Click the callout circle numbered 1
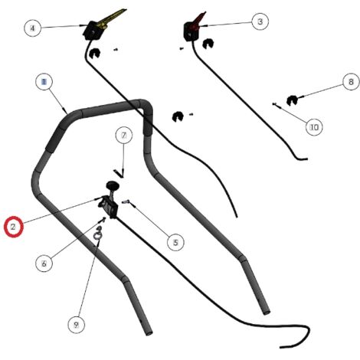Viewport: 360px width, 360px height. [44, 82]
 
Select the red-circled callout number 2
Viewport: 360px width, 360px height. [14, 227]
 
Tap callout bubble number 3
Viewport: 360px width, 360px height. [260, 21]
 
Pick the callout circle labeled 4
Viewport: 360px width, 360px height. [32, 28]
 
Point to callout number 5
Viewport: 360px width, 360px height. [175, 242]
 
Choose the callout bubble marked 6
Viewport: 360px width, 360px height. [44, 263]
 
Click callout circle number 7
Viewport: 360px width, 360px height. [124, 136]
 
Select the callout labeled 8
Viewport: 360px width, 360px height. [351, 82]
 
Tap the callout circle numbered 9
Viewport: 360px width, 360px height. [76, 325]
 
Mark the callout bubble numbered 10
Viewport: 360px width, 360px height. [314, 127]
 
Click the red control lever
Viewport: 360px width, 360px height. [199, 19]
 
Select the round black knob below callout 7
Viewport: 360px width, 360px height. [113, 185]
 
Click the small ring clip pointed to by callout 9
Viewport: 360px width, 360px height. [97, 234]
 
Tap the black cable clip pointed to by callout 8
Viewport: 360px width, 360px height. [292, 100]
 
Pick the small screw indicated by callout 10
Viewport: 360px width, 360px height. [274, 104]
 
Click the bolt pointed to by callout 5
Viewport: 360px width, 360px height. [126, 201]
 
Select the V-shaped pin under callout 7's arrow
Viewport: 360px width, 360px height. [119, 174]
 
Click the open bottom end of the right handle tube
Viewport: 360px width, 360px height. [267, 312]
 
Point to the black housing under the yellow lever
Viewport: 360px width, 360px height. [91, 31]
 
